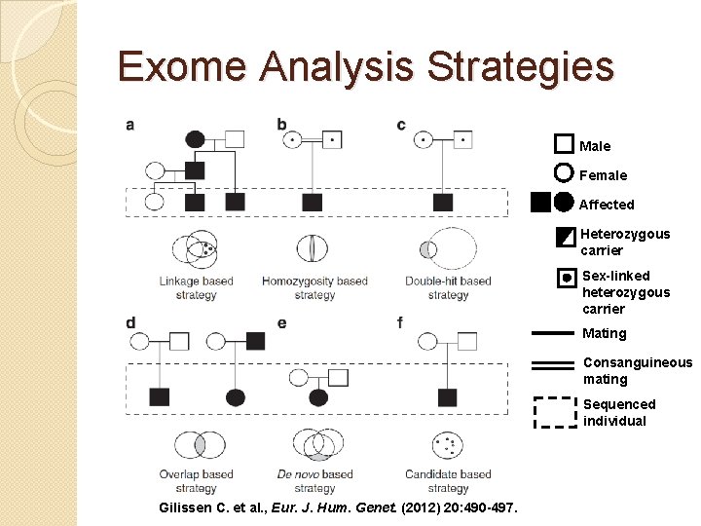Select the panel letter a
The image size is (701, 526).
tap(130, 125)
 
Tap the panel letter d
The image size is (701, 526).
tap(130, 322)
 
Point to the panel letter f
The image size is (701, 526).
tap(399, 322)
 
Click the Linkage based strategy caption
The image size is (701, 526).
tap(197, 287)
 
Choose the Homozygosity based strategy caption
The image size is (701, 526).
tap(314, 287)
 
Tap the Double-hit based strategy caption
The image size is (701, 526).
tap(448, 287)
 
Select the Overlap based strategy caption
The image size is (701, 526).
tap(197, 481)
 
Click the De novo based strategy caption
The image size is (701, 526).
tap(314, 481)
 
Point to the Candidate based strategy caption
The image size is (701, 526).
tap(448, 481)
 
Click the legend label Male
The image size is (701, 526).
tap(595, 146)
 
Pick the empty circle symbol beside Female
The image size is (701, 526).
tap(564, 174)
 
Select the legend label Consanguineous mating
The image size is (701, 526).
tap(637, 370)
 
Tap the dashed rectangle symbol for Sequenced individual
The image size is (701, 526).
tap(557, 412)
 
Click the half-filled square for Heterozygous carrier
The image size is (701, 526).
tap(565, 237)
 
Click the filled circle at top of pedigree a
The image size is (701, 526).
tap(195, 139)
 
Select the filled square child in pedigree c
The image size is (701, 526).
tap(443, 203)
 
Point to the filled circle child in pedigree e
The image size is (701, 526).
tap(318, 397)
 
